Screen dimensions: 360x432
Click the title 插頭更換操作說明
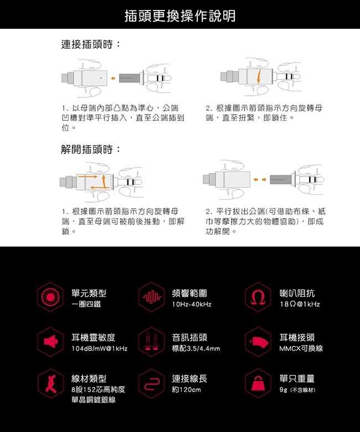[x=180, y=16]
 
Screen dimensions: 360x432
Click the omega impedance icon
[x=258, y=297]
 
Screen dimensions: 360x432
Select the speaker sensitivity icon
[x=51, y=342]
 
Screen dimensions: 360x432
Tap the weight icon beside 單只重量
[x=258, y=383]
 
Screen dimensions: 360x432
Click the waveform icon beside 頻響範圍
[x=152, y=297]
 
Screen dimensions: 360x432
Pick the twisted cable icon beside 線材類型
[x=51, y=383]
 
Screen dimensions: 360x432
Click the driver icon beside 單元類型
[x=51, y=297]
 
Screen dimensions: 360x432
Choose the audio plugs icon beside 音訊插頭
[x=152, y=342]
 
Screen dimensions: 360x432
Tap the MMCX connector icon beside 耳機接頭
[x=258, y=342]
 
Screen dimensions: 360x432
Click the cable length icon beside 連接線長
[x=152, y=383]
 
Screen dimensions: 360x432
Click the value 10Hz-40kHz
[x=192, y=305]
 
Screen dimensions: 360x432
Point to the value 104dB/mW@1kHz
[x=100, y=348]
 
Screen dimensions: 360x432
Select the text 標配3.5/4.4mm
[x=196, y=348]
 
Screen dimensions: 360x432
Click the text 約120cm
[x=187, y=389]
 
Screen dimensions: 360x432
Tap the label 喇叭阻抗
[x=297, y=294]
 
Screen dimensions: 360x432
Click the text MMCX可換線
[x=301, y=348]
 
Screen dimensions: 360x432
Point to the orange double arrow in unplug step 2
[x=260, y=179]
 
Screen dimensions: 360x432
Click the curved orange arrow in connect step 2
[x=259, y=76]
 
